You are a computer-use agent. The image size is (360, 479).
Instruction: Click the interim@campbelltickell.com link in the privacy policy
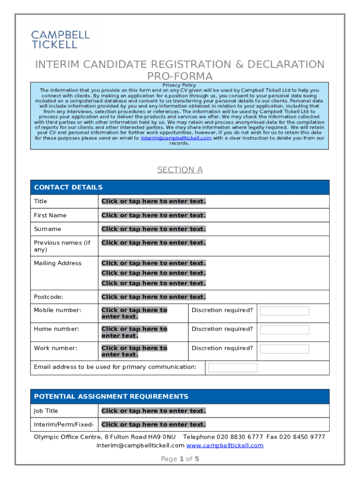176,138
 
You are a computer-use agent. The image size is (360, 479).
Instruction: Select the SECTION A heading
180,170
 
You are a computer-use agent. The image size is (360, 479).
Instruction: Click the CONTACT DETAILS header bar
180,187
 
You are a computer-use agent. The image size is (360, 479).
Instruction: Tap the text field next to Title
153,201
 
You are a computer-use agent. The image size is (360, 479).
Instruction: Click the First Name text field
153,215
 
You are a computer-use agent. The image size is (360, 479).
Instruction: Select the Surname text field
153,229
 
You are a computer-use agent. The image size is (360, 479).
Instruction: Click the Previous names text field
153,242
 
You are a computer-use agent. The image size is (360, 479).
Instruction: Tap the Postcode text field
153,297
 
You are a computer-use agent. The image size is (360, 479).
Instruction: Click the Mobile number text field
134,313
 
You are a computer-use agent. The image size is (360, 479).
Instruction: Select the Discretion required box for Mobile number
284,311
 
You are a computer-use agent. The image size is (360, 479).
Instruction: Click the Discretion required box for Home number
284,330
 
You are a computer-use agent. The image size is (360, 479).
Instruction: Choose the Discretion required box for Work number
284,349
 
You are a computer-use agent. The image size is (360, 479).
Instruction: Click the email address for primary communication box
233,368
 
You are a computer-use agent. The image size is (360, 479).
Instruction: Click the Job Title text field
153,411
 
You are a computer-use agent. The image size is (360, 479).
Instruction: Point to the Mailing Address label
58,263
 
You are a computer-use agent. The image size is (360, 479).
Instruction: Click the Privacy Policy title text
179,85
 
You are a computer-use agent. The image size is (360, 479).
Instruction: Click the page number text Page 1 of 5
180,459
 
